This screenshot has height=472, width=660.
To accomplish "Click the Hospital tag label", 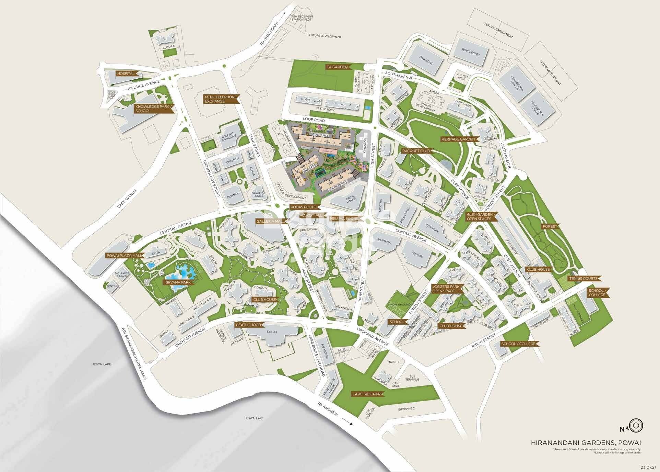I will [126, 74].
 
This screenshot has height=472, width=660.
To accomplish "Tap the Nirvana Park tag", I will [177, 282].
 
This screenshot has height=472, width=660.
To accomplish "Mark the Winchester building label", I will [471, 54].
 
